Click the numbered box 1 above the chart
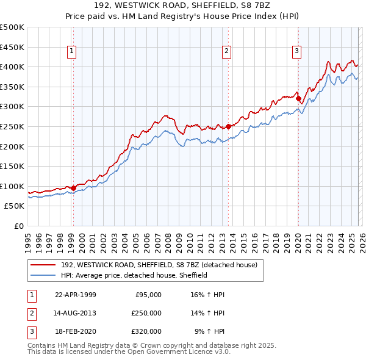(x=73, y=51)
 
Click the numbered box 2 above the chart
(x=226, y=51)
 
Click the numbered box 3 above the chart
(x=296, y=51)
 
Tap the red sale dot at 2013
(x=229, y=126)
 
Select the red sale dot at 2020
(x=298, y=99)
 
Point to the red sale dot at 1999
(x=73, y=188)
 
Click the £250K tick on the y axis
(x=12, y=126)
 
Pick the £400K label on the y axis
(x=12, y=67)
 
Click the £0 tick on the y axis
(x=18, y=226)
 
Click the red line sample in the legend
(x=43, y=265)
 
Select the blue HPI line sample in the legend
(x=43, y=275)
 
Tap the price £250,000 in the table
(x=146, y=313)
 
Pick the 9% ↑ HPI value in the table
(x=209, y=331)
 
